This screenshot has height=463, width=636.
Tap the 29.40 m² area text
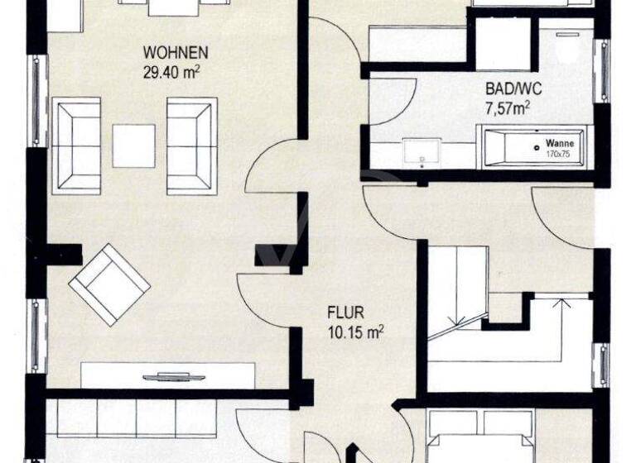click(172, 72)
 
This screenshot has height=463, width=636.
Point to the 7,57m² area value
click(508, 106)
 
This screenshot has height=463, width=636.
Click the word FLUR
click(346, 313)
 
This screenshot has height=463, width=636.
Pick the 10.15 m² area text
click(354, 331)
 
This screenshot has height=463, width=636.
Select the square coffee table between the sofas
click(134, 146)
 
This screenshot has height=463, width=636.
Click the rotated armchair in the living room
click(109, 284)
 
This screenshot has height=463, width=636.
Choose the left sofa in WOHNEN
click(76, 146)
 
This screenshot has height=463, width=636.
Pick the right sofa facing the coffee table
click(191, 146)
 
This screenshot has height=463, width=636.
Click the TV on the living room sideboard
click(174, 377)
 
